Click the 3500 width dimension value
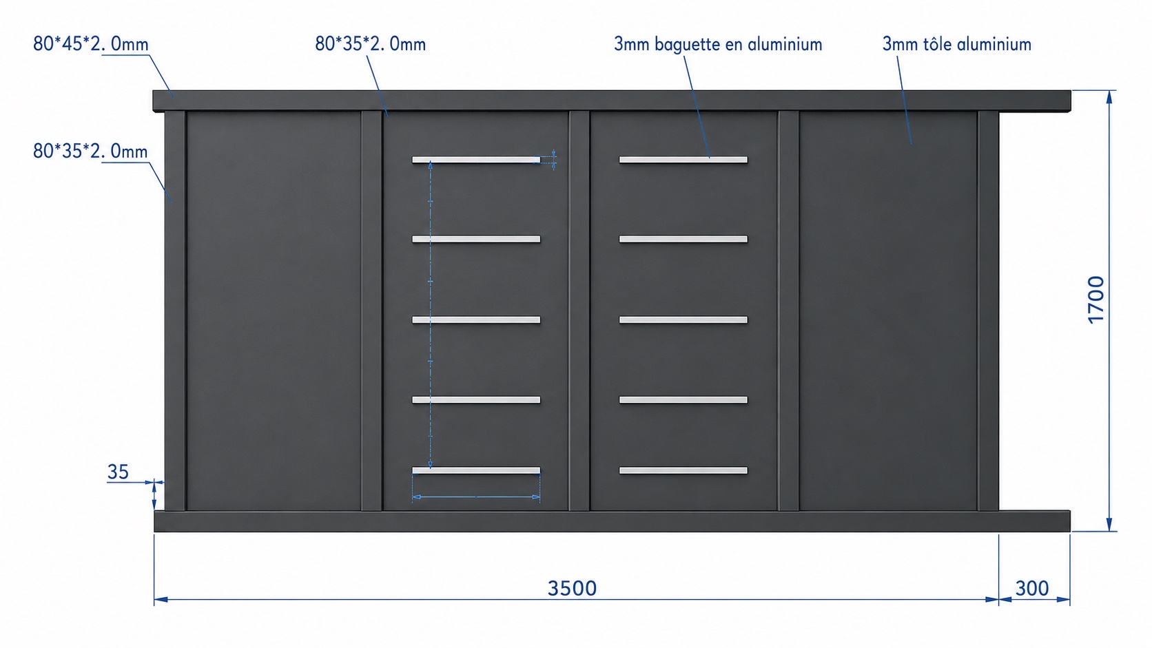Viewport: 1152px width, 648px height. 572,588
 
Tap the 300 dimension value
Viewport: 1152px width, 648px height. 1032,588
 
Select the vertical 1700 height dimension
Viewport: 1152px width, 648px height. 1096,300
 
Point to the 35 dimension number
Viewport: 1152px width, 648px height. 118,472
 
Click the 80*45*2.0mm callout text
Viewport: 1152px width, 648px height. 91,44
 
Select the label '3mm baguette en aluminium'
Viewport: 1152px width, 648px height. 718,44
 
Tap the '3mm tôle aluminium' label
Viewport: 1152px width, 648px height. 956,44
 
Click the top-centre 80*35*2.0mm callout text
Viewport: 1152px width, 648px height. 370,44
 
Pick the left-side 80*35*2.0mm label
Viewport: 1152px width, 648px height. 90,151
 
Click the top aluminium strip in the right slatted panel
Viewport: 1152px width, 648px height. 683,160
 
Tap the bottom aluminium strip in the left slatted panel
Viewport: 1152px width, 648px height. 476,470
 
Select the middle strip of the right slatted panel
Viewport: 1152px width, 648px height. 683,320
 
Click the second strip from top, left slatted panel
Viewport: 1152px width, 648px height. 476,239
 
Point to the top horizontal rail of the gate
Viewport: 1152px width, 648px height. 612,101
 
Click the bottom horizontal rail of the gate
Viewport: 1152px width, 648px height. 612,521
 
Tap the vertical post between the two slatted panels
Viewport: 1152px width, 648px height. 579,311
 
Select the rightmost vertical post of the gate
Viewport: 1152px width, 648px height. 988,311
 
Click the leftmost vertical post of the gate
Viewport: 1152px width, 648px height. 175,311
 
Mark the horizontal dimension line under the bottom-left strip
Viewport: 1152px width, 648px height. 476,497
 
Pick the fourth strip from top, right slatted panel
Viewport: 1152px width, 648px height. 683,400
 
